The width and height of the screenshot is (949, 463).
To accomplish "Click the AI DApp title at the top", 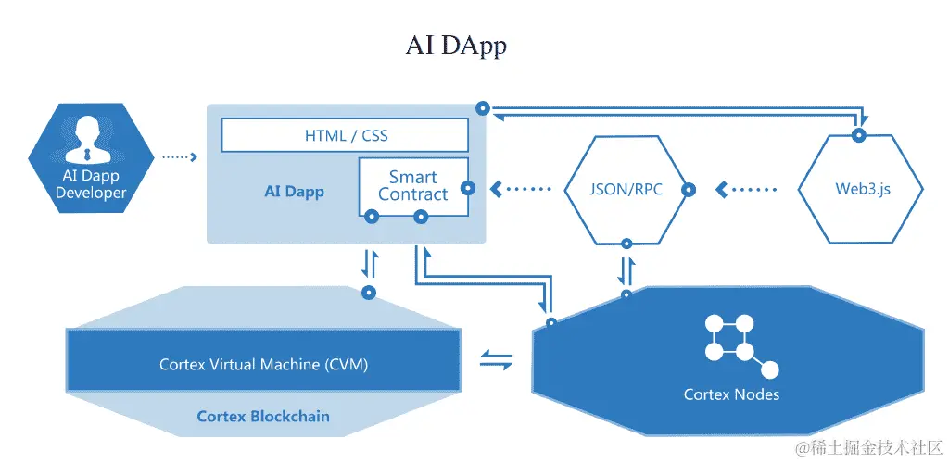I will click(x=455, y=46).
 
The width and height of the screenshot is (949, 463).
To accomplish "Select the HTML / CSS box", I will click(x=345, y=135).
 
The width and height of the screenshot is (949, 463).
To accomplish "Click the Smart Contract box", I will click(x=412, y=186).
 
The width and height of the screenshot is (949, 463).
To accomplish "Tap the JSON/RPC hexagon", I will click(x=626, y=190).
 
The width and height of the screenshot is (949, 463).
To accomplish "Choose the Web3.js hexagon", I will click(x=861, y=190).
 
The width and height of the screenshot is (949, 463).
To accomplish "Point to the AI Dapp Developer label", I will click(x=90, y=184).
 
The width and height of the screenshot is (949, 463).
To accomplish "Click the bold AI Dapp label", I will click(x=294, y=192).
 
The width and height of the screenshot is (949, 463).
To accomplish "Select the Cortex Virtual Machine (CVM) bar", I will click(x=263, y=364).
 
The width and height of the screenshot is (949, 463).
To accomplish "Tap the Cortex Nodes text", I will click(x=731, y=394).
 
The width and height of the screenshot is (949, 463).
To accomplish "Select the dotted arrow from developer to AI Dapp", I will click(x=180, y=157).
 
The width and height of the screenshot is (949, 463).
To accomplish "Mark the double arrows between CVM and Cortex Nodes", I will click(x=497, y=360).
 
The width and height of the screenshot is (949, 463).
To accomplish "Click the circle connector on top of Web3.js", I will click(x=859, y=136).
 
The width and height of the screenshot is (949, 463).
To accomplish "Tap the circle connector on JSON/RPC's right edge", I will click(x=689, y=190).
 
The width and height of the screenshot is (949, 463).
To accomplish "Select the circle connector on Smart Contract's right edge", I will click(x=468, y=188).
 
